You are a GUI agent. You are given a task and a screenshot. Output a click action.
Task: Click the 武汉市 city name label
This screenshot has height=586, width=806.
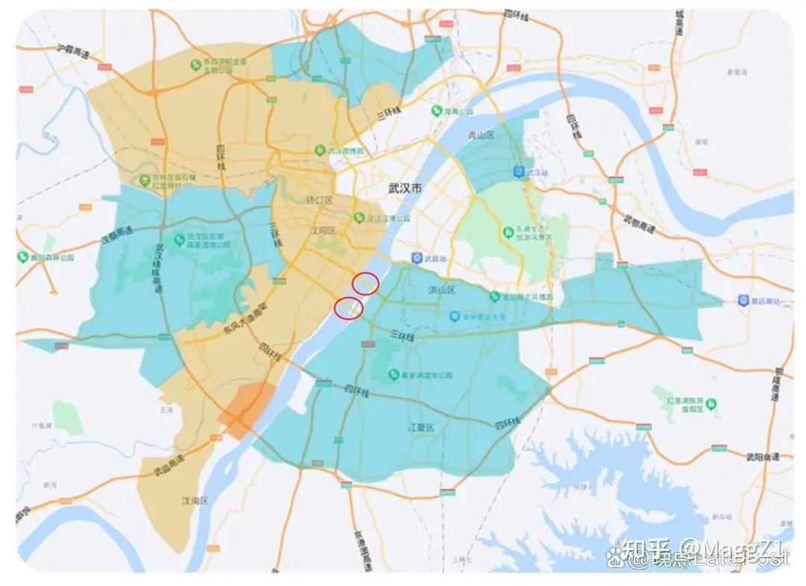[405, 189]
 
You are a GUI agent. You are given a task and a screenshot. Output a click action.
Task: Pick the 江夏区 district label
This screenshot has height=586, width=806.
[420, 428]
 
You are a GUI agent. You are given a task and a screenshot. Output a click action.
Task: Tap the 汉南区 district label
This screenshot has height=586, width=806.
[196, 499]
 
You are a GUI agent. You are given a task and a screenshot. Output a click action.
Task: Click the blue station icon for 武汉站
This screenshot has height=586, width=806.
[519, 172]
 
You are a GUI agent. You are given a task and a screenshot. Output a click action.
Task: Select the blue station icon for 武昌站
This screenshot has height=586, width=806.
[416, 258]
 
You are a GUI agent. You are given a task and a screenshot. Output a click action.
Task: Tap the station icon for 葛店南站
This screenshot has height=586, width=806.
[743, 300]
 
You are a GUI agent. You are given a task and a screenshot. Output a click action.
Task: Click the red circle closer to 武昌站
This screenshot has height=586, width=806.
[365, 283]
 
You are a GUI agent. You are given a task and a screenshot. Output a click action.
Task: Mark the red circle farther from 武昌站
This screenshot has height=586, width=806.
[349, 307]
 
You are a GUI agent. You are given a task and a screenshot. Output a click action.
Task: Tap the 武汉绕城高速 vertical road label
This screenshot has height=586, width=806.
[158, 269]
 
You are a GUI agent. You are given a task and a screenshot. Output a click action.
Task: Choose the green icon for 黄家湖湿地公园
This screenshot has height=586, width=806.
[393, 373]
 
